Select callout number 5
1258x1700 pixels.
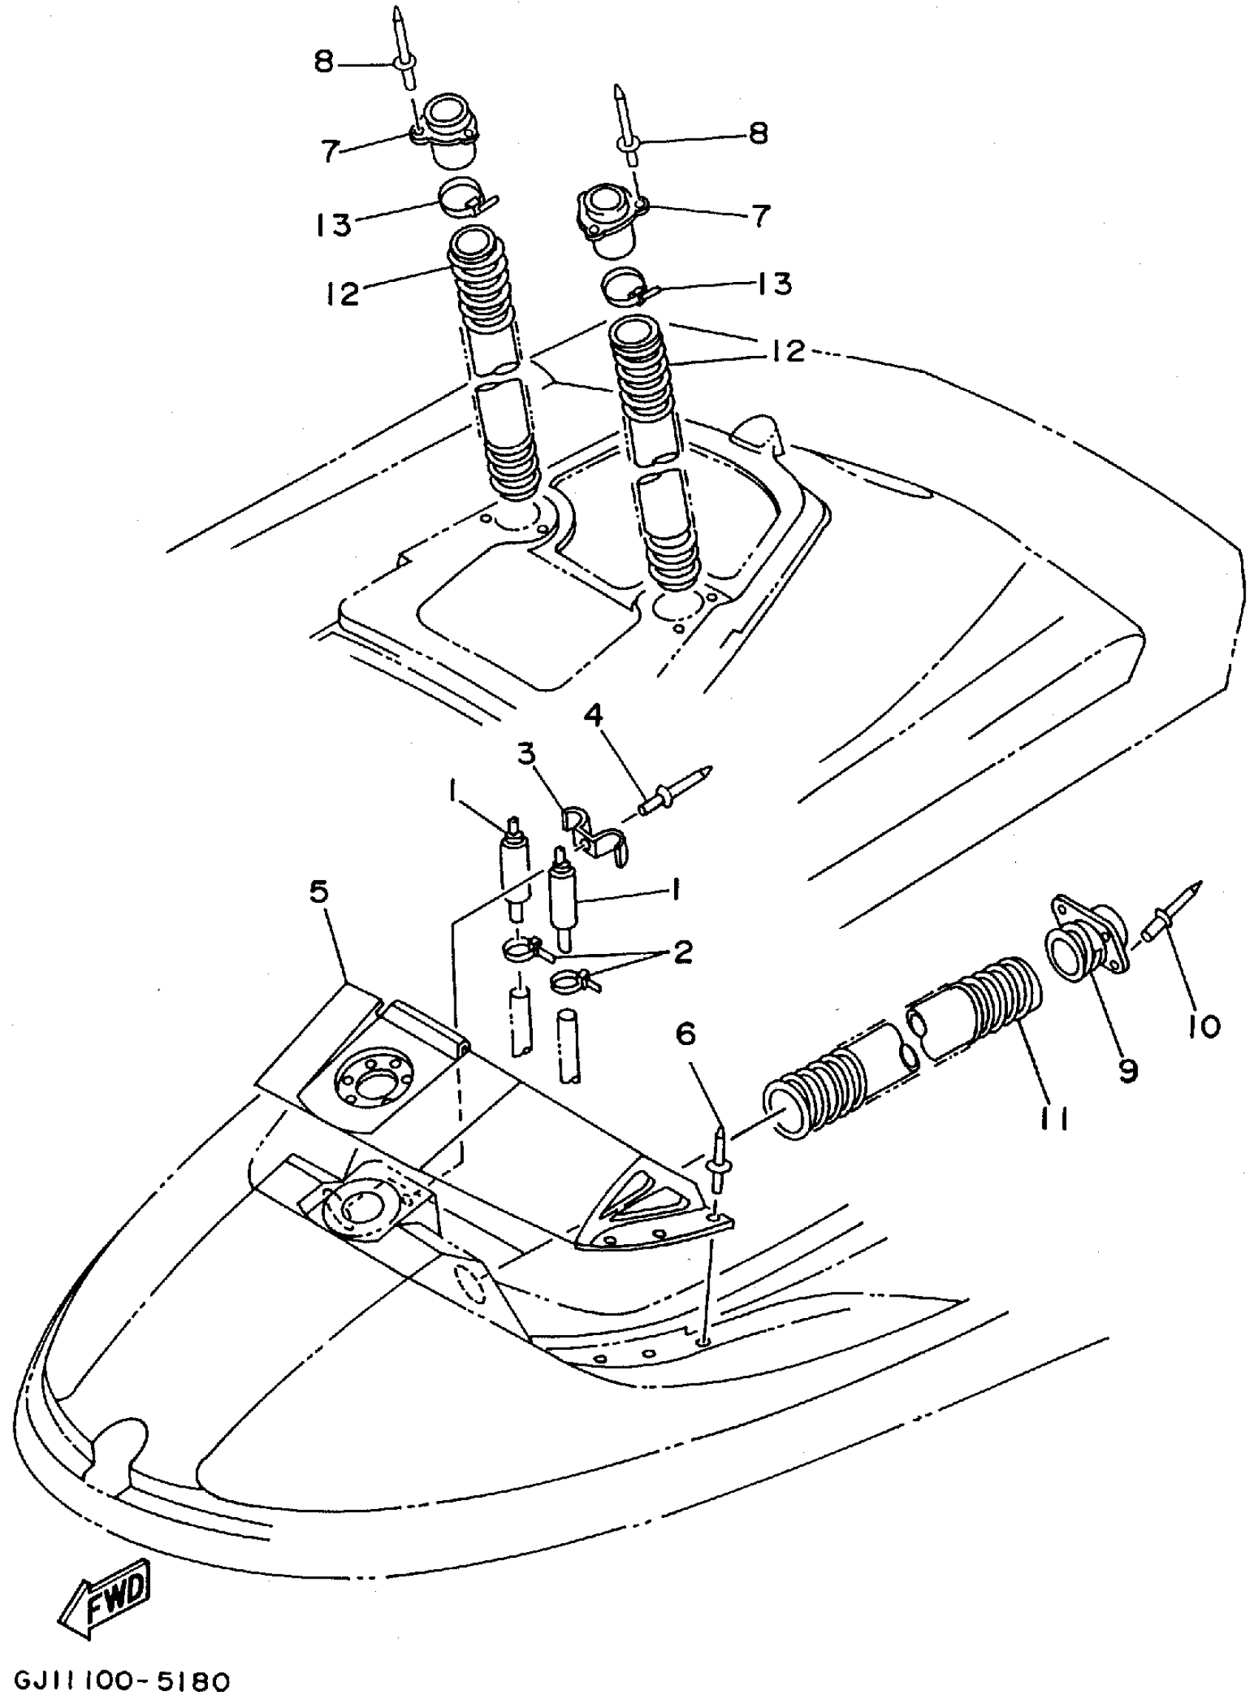(319, 892)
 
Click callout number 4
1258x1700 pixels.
(593, 715)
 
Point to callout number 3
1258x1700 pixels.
(526, 755)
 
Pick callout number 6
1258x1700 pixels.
(685, 1034)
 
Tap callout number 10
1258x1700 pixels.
(1204, 1027)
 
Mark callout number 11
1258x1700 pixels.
(1054, 1118)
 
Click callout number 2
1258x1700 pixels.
(682, 951)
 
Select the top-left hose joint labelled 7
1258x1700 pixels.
(448, 130)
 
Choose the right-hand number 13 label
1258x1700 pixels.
(774, 283)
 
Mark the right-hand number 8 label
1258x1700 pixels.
(758, 134)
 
